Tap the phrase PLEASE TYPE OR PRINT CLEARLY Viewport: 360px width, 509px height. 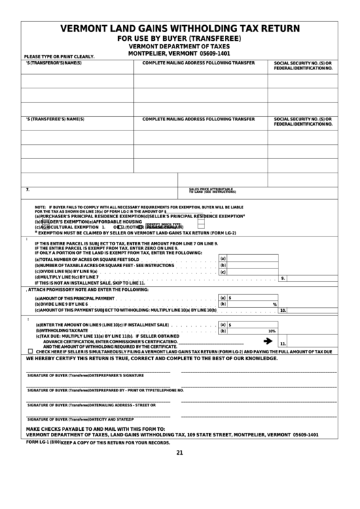59,58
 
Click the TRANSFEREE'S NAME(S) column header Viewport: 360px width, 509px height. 54,119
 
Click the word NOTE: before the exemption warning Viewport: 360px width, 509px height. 40,206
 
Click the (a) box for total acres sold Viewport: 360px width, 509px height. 222,259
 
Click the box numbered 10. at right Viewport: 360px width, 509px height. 283,310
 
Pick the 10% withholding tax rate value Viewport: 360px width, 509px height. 271,331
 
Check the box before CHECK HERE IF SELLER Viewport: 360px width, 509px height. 31,351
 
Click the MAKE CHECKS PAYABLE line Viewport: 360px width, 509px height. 95,429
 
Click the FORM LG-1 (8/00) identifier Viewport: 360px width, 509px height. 43,442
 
